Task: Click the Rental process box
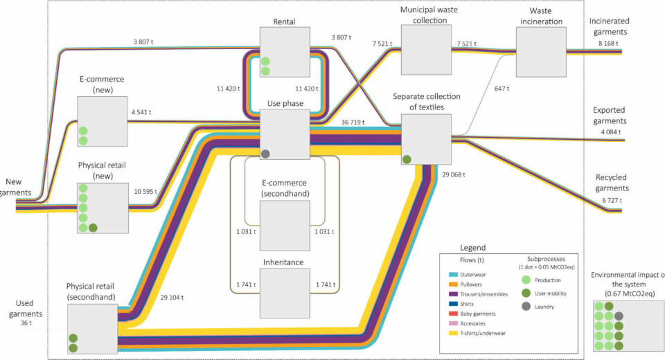[x=285, y=53]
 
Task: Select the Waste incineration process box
[x=541, y=51]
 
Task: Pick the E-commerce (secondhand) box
[x=285, y=224]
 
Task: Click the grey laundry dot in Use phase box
[x=265, y=153]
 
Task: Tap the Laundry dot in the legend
[x=527, y=306]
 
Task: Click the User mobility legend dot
[x=527, y=293]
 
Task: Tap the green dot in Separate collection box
[x=407, y=159]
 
